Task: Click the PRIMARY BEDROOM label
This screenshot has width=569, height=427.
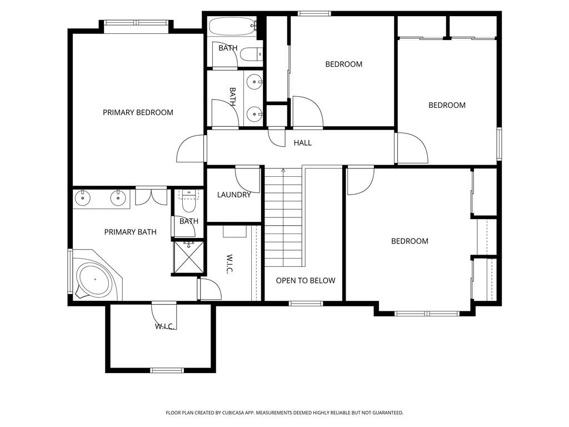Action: pos(138,112)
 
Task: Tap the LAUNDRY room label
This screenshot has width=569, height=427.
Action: pos(234,195)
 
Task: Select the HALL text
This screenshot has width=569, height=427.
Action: pos(303,143)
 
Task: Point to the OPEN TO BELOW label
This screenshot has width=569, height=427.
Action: pos(306,281)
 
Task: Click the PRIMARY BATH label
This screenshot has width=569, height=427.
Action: pos(130,232)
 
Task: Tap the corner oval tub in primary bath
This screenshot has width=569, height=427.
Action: pos(95,280)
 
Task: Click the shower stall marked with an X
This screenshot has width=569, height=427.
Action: pos(188,257)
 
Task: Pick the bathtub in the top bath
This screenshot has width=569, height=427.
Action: pos(233,26)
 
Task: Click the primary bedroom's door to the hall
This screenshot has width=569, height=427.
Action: pos(191,148)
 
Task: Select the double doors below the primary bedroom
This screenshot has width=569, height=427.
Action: pos(151,196)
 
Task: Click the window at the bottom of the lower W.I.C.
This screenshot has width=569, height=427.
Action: pos(167,370)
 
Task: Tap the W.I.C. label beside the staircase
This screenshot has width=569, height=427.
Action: pos(230,264)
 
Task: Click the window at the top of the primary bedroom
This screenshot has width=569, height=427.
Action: pos(137,22)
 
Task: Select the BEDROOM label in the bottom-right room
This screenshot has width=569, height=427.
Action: pos(410,241)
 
